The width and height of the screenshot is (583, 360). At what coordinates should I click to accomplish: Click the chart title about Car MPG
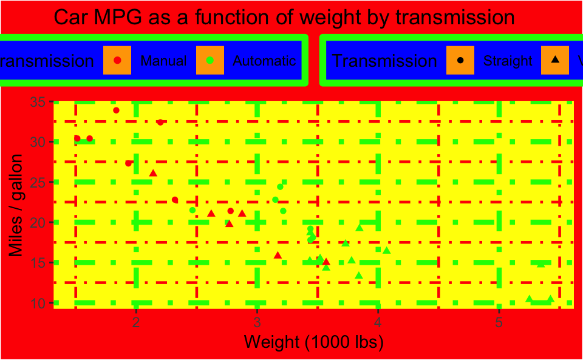point(284,18)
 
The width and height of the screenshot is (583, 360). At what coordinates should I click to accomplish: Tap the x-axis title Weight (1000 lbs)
point(313,342)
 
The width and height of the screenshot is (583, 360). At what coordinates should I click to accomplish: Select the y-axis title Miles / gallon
point(16,205)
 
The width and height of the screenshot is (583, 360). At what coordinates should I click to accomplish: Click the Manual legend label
point(163,61)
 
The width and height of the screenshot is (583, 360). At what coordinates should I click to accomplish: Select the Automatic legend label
point(264,61)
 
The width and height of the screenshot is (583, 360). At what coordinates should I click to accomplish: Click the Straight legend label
point(507,61)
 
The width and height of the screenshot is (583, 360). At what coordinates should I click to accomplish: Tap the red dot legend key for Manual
point(118,60)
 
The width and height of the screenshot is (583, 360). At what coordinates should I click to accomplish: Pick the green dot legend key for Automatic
point(210,60)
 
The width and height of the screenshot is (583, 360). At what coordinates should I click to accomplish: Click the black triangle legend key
point(554,60)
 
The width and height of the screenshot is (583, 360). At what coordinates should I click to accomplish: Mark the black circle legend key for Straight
point(460,60)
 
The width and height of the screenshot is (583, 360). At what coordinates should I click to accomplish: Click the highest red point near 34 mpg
point(116,110)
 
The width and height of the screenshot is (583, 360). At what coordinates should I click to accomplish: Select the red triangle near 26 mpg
point(153,174)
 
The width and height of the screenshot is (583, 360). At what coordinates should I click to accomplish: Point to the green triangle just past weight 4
point(386,251)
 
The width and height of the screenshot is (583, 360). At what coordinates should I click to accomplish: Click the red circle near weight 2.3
point(175,200)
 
